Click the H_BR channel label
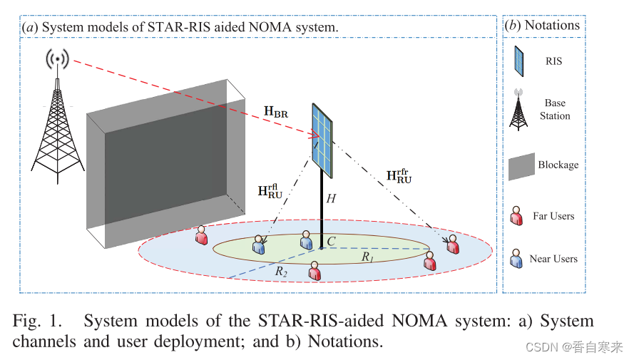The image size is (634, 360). pos(276,110)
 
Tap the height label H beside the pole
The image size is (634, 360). pos(331,200)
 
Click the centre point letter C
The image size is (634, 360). pos(331,242)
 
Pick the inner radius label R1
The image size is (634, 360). pos(367,256)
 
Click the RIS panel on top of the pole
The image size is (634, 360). pos(325,140)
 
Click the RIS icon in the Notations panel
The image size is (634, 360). pos(520,61)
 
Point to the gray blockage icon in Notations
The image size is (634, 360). pos(521,165)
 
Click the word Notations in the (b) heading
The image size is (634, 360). pos(552,26)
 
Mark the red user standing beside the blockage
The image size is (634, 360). pos(202,236)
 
